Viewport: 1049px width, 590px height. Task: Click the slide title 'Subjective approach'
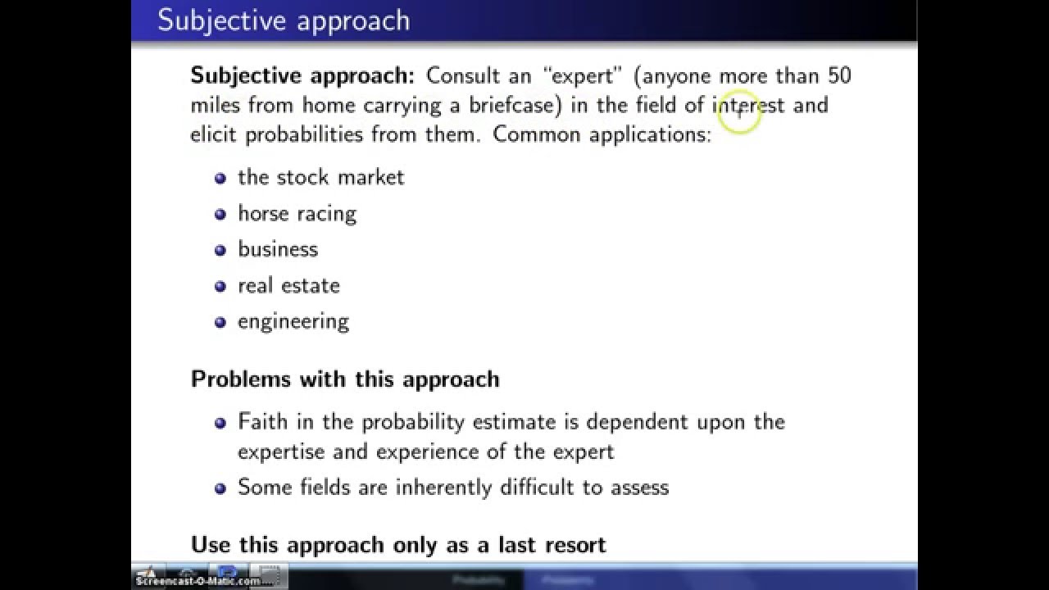click(284, 20)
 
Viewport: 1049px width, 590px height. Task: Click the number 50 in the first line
click(839, 75)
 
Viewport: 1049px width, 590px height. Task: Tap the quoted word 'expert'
click(583, 75)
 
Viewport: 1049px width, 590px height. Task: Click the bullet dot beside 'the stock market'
click(220, 178)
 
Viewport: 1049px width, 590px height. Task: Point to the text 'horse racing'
click(297, 214)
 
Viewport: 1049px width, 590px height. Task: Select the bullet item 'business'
click(277, 249)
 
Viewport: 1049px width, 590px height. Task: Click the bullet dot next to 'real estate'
click(220, 286)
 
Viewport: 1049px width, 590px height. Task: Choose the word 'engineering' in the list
click(293, 322)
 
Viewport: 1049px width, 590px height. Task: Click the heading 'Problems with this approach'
click(345, 379)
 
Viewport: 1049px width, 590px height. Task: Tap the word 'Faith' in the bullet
click(261, 422)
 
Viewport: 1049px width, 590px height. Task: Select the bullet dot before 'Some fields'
click(220, 488)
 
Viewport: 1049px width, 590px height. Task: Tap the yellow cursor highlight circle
click(739, 113)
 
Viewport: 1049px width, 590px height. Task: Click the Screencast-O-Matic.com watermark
click(198, 581)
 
